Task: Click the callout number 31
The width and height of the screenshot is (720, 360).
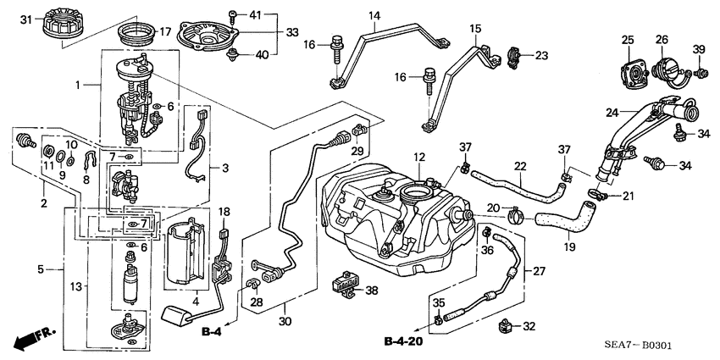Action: (25, 19)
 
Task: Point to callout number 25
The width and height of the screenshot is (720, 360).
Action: (627, 40)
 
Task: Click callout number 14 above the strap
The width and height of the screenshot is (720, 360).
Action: (374, 15)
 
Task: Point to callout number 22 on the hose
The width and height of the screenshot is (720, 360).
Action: (520, 166)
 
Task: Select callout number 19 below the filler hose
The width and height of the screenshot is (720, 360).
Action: (568, 247)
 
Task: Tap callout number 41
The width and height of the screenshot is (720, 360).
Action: (256, 15)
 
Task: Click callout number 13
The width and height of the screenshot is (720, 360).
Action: (75, 286)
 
